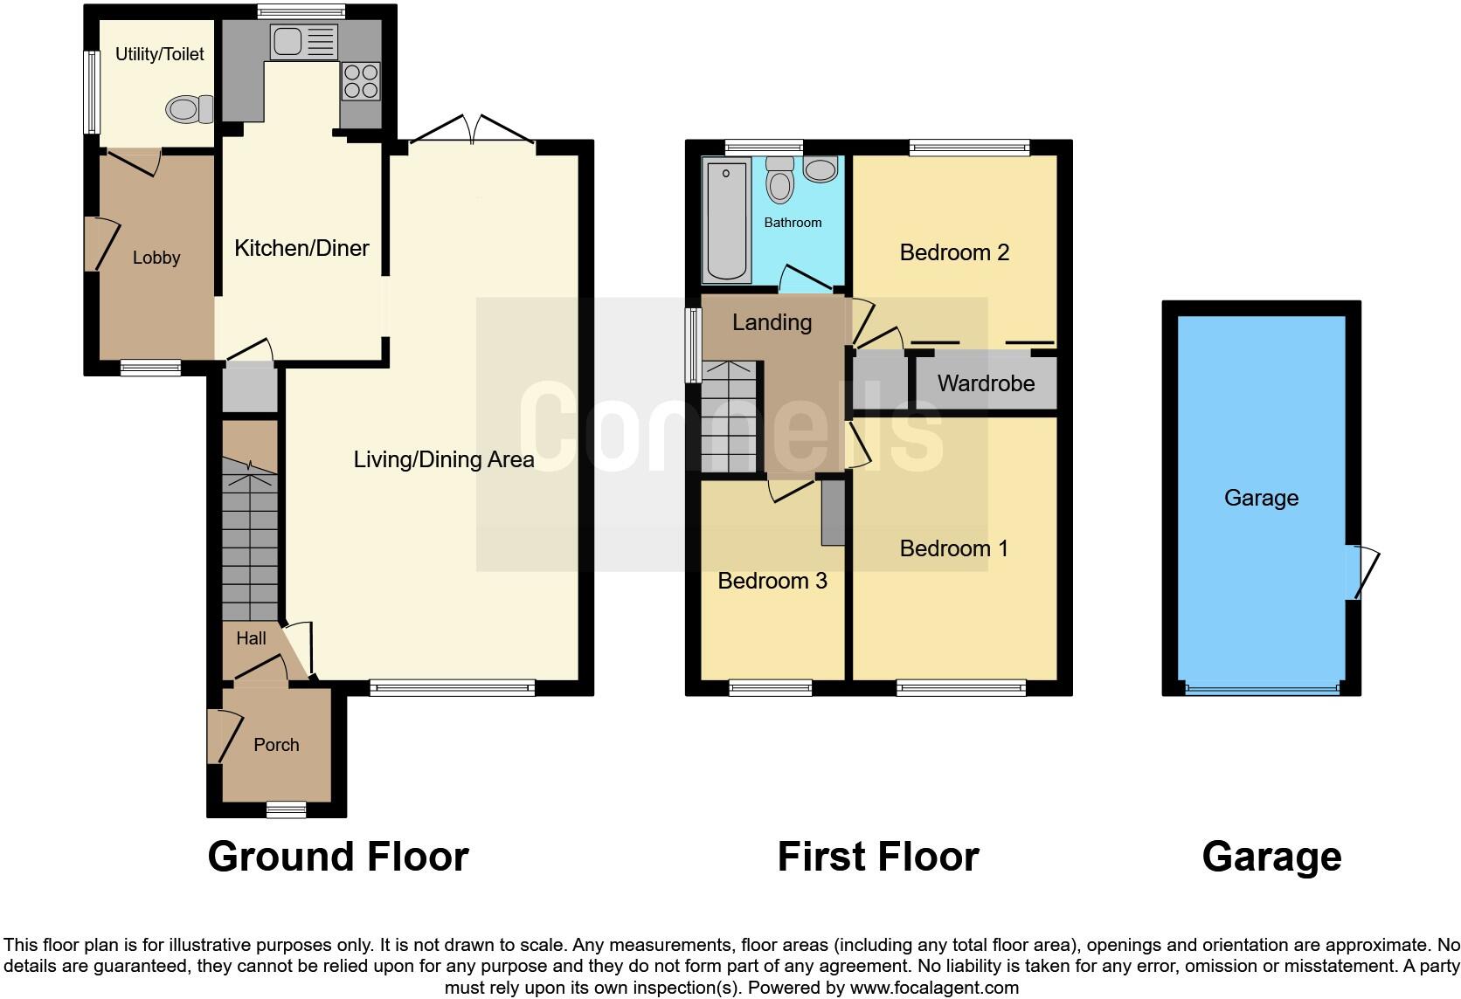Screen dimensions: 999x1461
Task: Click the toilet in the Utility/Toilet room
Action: point(189,110)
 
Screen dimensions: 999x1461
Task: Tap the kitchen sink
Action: point(302,42)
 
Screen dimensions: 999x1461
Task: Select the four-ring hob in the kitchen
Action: point(361,81)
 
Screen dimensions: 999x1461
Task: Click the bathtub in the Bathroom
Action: point(727,220)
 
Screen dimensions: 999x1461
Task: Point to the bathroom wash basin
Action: point(820,169)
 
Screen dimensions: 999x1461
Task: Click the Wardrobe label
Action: point(986,383)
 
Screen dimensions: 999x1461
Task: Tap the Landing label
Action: point(772,322)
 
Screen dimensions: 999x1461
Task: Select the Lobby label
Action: point(156,258)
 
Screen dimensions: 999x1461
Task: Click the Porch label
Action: point(276,745)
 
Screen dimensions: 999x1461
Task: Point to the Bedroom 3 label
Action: point(772,581)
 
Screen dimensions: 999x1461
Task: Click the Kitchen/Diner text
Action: point(301,248)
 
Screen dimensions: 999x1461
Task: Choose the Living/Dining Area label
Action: point(444,459)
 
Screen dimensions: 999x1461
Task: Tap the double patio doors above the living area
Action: point(472,131)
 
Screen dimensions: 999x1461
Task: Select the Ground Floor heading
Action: point(338,857)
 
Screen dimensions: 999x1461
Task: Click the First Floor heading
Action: point(877,857)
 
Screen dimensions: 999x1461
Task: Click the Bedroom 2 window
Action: point(968,148)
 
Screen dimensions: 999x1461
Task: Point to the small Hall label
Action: point(251,638)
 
